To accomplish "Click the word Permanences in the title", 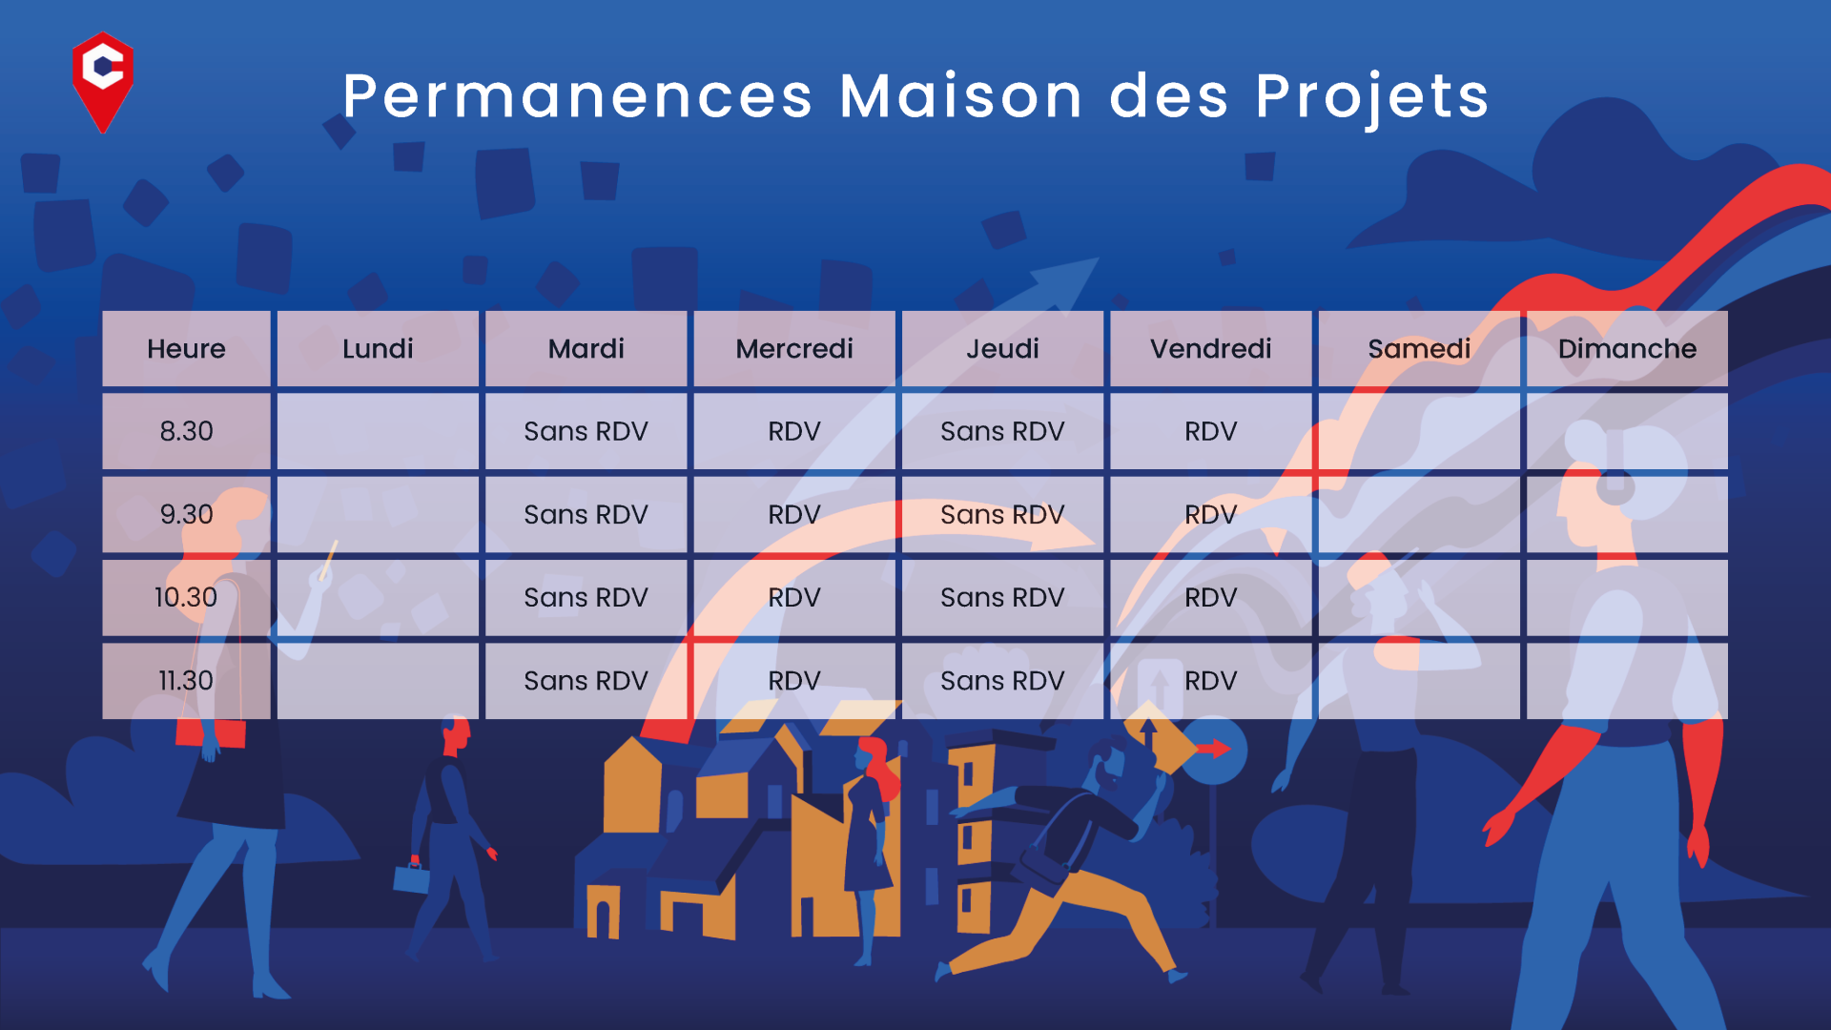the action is point(578,96).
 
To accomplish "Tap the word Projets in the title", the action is point(1372,98).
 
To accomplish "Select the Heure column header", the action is point(186,349).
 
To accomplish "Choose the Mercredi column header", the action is point(794,349).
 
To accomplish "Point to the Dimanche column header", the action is point(1627,349).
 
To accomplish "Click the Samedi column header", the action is point(1419,349).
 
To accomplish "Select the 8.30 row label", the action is point(186,431).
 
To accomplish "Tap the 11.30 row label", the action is point(186,681).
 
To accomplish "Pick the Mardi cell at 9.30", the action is point(586,515).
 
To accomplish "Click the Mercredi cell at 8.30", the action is point(794,431).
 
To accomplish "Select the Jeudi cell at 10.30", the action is point(1002,598).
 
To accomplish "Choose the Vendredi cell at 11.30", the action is point(1211,681).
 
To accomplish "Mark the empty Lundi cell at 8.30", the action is point(378,431).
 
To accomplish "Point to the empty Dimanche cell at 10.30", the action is point(1627,598).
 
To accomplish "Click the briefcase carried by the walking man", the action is point(412,877).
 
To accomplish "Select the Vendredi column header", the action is point(1211,349).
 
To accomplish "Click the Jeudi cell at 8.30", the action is point(1002,431).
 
